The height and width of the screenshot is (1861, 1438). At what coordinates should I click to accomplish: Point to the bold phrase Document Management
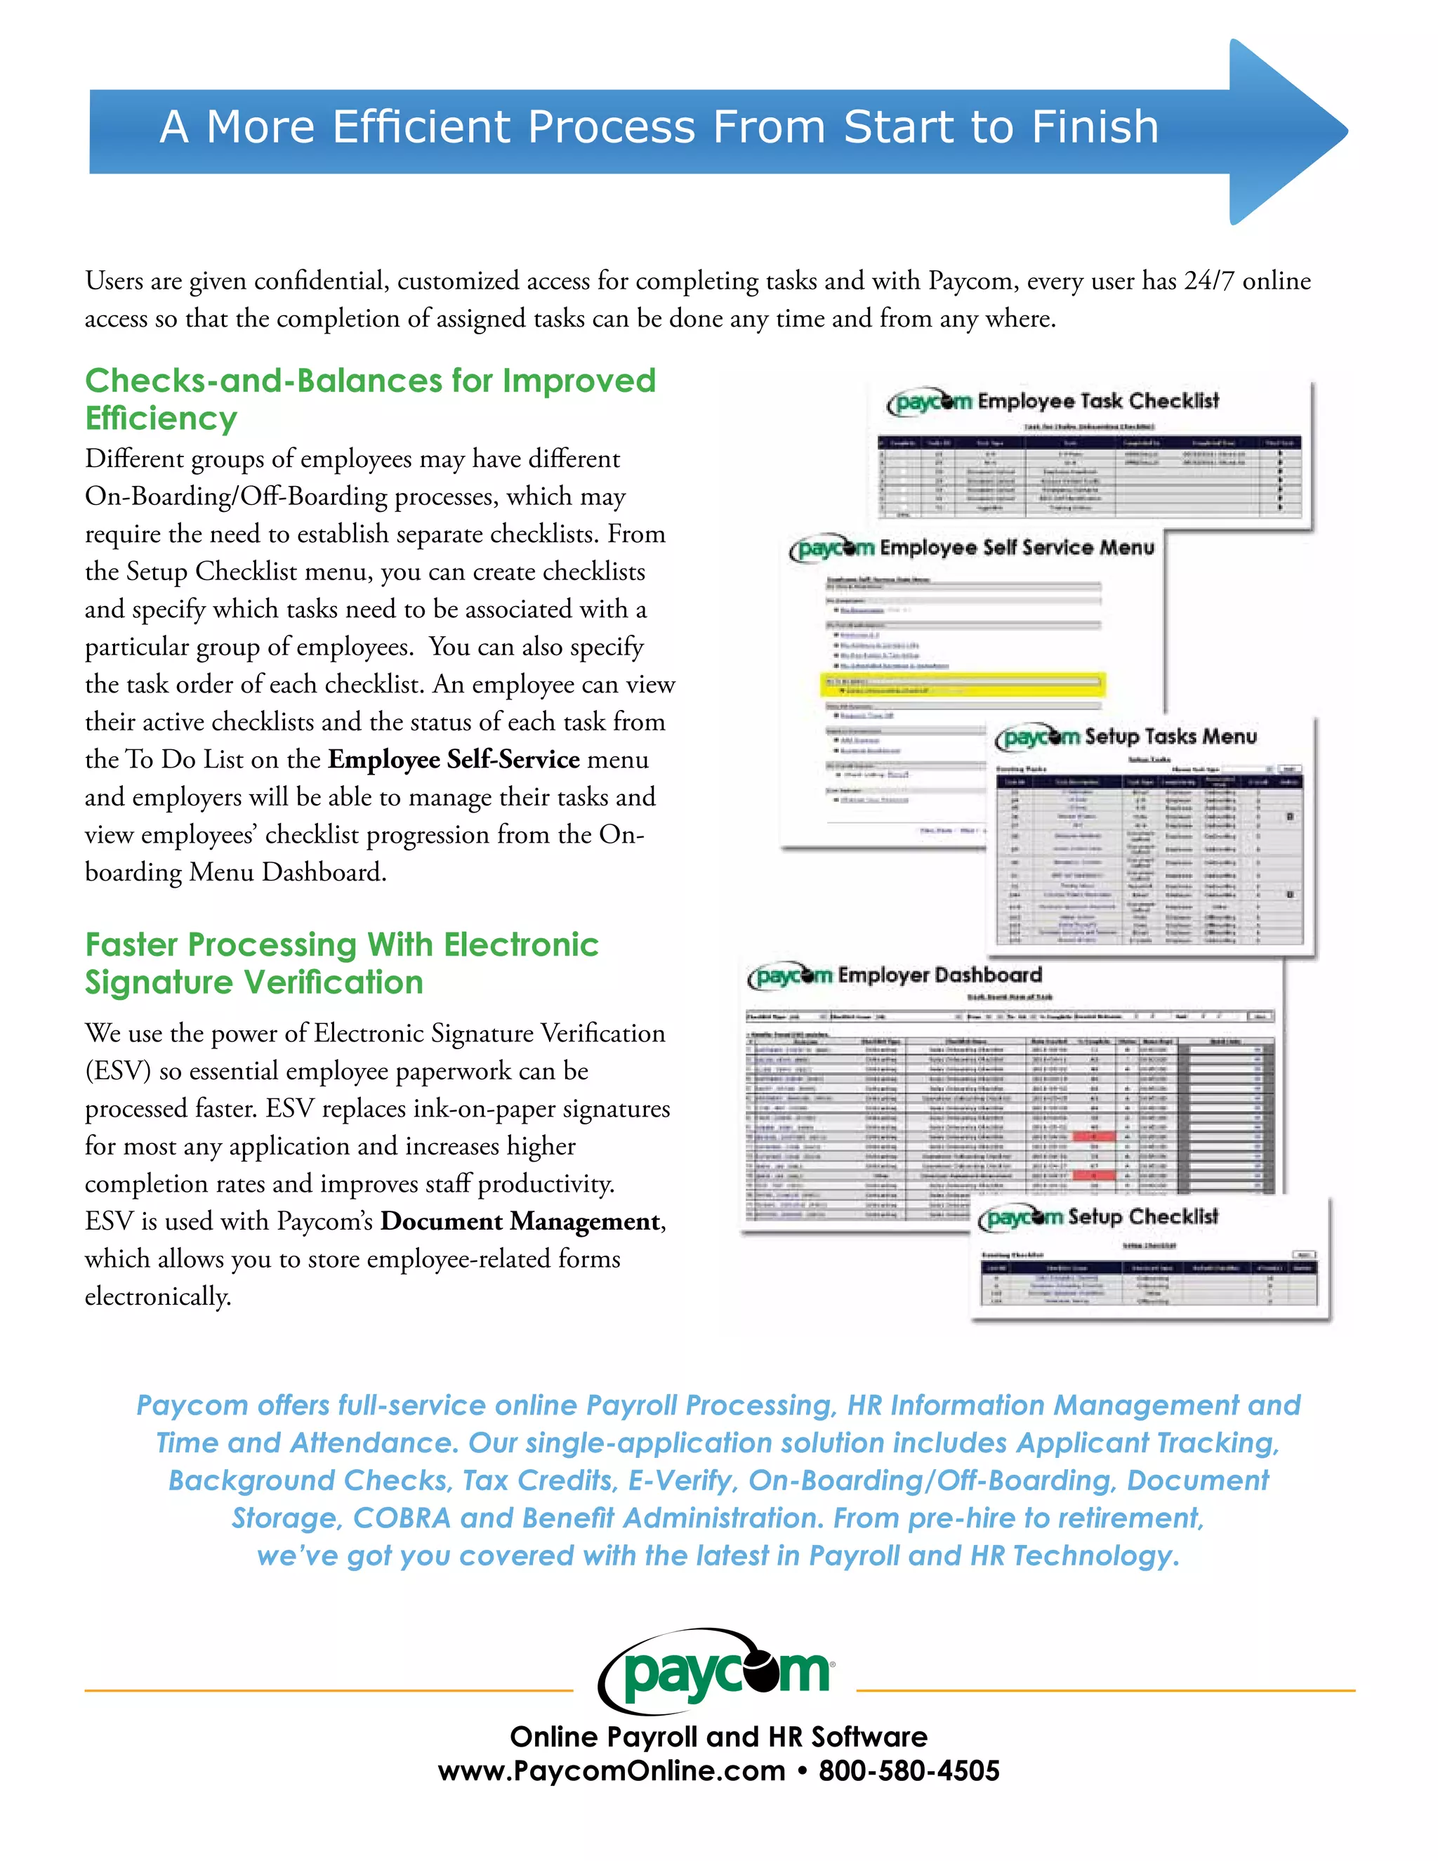[520, 1221]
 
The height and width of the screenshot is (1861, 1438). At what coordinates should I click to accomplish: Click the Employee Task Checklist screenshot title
[1097, 400]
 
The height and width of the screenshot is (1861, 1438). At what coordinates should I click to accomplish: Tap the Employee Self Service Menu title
[1016, 547]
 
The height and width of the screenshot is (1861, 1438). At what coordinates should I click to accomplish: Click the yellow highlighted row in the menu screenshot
[963, 684]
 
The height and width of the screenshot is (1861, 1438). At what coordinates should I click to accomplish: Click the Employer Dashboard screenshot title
[939, 975]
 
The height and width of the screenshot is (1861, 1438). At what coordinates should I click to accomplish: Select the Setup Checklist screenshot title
[1142, 1217]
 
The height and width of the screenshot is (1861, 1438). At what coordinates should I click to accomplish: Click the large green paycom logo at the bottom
[718, 1673]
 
